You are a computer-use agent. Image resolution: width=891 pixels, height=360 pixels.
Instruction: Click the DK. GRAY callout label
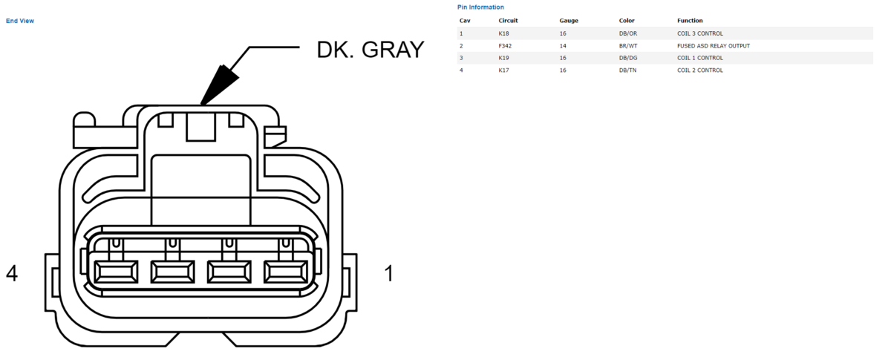click(x=371, y=50)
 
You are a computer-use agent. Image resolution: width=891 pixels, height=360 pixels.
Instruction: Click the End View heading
click(x=20, y=21)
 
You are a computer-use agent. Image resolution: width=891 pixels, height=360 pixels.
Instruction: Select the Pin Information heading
click(x=480, y=7)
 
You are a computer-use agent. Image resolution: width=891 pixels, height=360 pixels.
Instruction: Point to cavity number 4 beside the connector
click(x=12, y=274)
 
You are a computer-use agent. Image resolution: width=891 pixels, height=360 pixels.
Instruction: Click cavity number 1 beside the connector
click(x=389, y=274)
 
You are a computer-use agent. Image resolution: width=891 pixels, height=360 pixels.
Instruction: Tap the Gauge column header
click(x=569, y=21)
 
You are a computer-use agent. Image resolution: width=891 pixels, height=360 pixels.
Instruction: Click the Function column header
click(x=690, y=21)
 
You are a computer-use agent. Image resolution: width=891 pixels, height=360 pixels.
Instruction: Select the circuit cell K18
click(x=503, y=34)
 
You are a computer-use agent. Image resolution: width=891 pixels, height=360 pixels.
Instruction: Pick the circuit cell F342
click(x=505, y=46)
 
